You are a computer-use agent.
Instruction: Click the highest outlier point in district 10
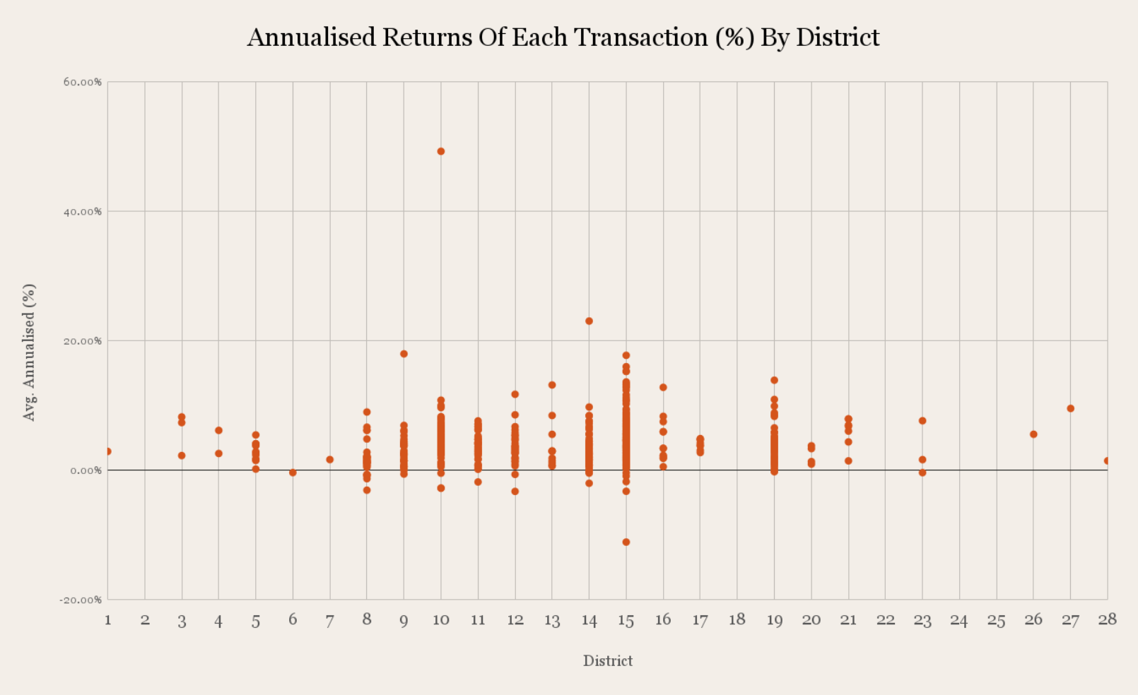pos(441,151)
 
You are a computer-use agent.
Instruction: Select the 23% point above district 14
pos(589,321)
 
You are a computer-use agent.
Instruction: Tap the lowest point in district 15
pos(626,542)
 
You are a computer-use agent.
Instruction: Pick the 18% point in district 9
pos(404,354)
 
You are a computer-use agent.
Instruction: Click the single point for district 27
pos(1070,408)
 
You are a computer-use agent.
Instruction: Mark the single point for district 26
pos(1033,434)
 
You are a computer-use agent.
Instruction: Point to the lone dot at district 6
pos(293,473)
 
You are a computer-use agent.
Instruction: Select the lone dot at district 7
pos(330,460)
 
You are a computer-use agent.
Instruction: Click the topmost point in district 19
pos(774,380)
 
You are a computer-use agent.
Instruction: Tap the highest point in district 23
pos(922,421)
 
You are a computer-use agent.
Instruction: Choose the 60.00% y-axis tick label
pos(83,82)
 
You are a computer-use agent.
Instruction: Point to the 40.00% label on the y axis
pos(83,211)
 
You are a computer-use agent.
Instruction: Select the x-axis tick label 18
pos(737,619)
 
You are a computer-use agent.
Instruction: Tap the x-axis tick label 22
pos(886,620)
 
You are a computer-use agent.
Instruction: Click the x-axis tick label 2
pos(145,620)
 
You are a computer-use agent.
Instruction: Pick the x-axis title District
pos(608,661)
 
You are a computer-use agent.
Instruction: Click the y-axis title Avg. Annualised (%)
pos(29,352)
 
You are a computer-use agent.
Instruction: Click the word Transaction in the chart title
pos(640,37)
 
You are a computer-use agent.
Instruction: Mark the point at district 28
pos(1107,461)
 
